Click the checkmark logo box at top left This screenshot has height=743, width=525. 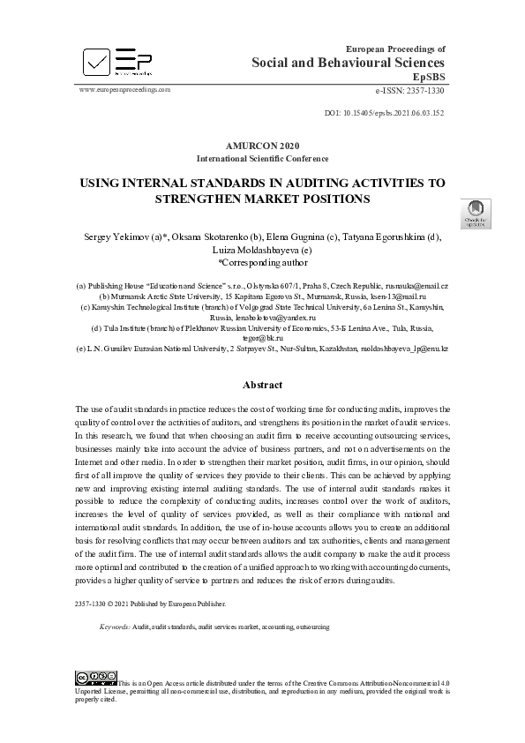(x=97, y=61)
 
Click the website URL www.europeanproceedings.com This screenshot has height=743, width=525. (x=124, y=90)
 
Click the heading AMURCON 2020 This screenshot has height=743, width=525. (x=262, y=145)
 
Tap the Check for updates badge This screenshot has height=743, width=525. (x=476, y=214)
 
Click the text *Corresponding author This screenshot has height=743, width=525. (x=262, y=262)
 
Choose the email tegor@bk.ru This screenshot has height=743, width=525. (x=261, y=337)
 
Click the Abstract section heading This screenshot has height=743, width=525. (x=262, y=386)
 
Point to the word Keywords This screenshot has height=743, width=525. (x=114, y=627)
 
